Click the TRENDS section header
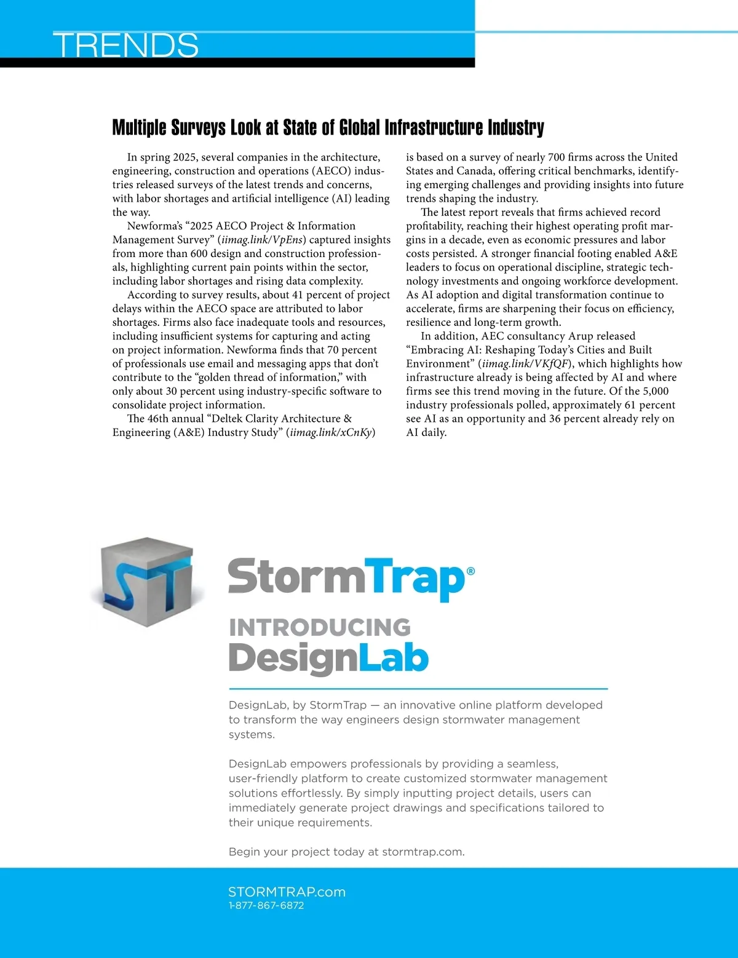[126, 45]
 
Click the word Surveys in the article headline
[198, 127]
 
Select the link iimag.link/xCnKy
[331, 432]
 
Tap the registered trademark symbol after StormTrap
[470, 571]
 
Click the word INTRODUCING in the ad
[319, 627]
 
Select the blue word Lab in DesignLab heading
[393, 658]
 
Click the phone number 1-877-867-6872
[266, 905]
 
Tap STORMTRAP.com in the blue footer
[287, 892]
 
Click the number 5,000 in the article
[655, 391]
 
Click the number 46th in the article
[157, 419]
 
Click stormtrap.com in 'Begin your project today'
[423, 852]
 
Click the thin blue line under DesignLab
[418, 689]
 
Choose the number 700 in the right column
[555, 157]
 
